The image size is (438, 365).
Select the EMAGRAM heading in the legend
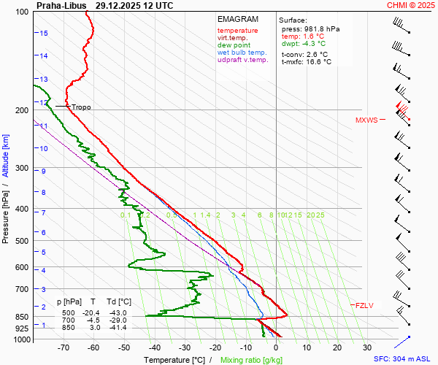tap(238, 19)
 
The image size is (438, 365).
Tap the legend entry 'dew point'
tap(234, 45)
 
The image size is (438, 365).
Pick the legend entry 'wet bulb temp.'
tap(242, 53)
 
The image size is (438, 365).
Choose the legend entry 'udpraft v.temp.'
tap(243, 60)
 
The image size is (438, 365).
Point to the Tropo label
tap(81, 107)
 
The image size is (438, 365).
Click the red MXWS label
tap(366, 120)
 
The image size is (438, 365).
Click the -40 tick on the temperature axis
tap(155, 348)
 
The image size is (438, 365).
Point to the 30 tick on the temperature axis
tap(367, 348)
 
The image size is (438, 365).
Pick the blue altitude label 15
tap(44, 34)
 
